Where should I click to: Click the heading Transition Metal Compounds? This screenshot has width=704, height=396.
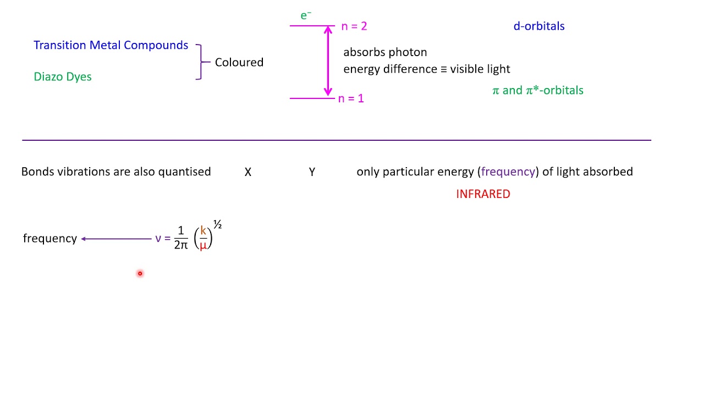tap(111, 45)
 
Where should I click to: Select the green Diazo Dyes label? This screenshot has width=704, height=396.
tap(63, 76)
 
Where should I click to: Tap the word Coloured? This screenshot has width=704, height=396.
tap(239, 62)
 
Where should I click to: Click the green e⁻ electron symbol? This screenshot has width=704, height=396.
tap(306, 15)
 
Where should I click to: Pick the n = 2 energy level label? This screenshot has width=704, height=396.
tap(354, 26)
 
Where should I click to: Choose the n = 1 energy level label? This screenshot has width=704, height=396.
tap(351, 98)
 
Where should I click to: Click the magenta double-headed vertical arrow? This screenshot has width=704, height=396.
tap(328, 61)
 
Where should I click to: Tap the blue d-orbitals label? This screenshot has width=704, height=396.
tap(539, 26)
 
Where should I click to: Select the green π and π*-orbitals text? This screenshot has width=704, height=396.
tap(538, 91)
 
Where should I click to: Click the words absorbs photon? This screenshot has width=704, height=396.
tap(385, 52)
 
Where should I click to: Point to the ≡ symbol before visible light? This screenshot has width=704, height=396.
tap(443, 69)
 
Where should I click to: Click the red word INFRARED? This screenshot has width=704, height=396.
tap(483, 194)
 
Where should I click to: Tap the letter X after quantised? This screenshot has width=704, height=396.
tap(248, 172)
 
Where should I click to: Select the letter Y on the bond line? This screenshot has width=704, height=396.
tap(312, 172)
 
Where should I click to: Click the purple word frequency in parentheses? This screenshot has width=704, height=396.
tap(508, 172)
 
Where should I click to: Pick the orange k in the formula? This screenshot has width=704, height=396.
tap(203, 230)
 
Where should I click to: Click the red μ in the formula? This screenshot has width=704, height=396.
tap(203, 245)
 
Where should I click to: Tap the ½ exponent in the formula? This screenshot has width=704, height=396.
tap(217, 224)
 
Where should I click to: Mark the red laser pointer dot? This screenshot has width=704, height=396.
tap(140, 273)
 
